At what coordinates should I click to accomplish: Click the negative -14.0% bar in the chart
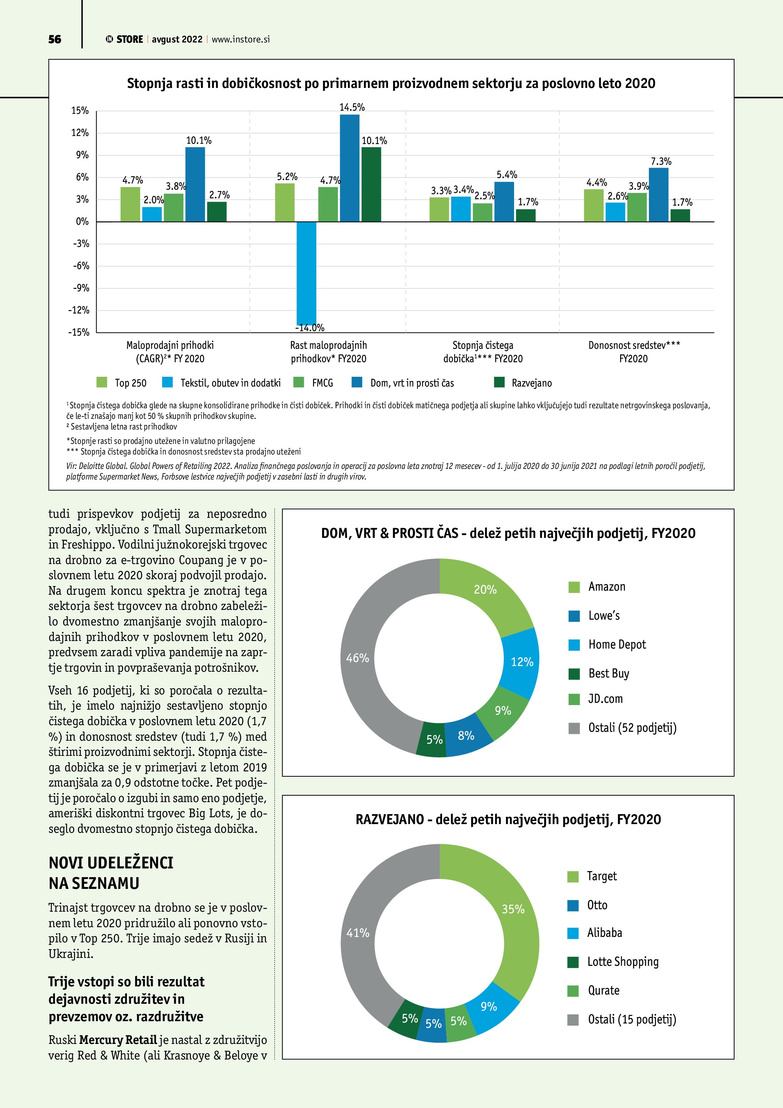(x=306, y=273)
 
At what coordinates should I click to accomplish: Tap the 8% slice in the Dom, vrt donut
(x=466, y=736)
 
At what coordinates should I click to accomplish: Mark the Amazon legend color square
(x=574, y=587)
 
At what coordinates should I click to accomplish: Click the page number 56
(x=55, y=39)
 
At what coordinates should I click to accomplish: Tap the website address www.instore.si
(x=241, y=39)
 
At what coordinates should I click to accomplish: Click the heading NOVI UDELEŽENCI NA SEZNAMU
(x=111, y=873)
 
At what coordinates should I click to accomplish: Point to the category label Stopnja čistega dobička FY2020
(x=483, y=352)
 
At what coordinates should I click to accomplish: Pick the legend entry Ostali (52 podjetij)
(x=631, y=728)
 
